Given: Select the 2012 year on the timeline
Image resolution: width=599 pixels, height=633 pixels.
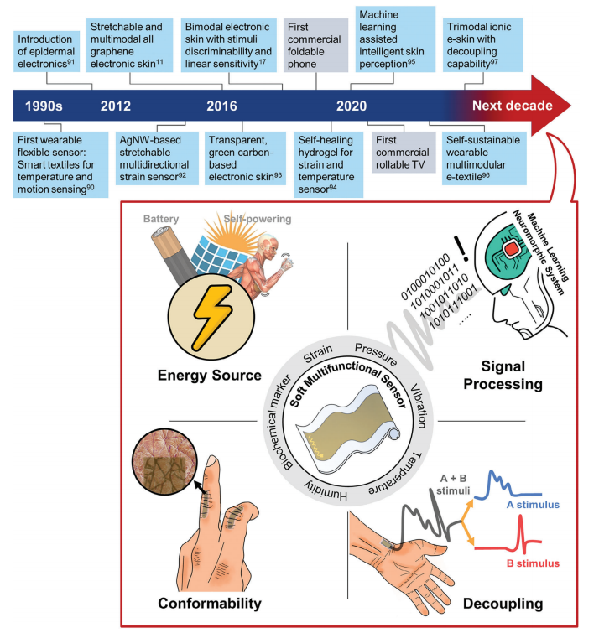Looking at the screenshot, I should coord(116,106).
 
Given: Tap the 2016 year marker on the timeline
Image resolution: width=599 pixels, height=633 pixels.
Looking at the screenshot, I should coord(221,106).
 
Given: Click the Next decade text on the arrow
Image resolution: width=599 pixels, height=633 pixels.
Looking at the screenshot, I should coord(512,106).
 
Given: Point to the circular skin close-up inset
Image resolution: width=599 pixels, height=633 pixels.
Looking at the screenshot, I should coord(169,459).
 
